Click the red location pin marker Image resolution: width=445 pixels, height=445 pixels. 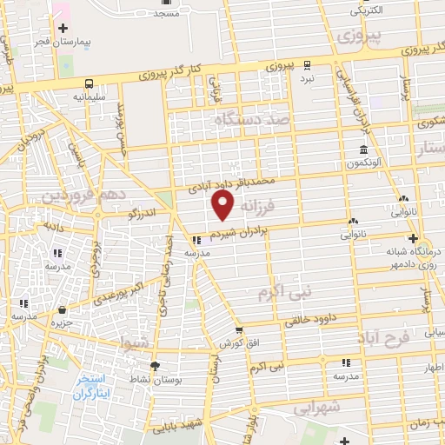[x=223, y=205]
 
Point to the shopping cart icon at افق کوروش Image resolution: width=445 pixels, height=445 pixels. [x=238, y=330]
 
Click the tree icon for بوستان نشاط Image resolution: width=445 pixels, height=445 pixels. [x=155, y=366]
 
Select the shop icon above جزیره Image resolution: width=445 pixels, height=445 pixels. [x=62, y=309]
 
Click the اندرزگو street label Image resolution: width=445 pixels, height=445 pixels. [x=144, y=211]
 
